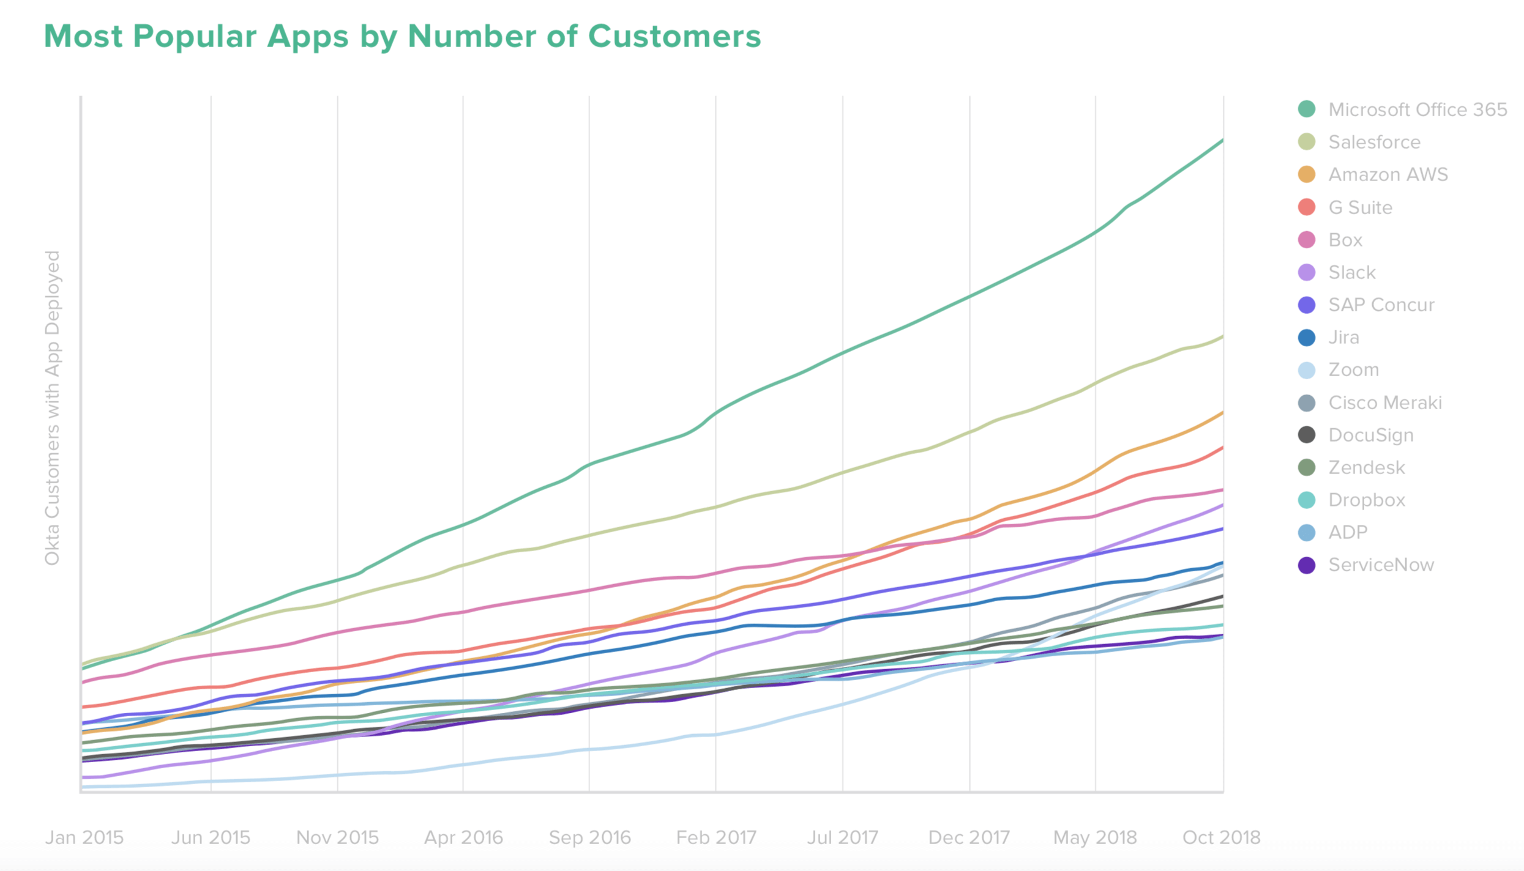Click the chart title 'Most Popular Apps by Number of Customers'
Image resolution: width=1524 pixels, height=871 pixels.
click(x=402, y=36)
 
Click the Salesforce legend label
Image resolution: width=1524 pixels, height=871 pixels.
click(x=1374, y=142)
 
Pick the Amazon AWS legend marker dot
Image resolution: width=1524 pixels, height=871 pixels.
click(x=1306, y=174)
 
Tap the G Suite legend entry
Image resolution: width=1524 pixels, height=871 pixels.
click(x=1360, y=207)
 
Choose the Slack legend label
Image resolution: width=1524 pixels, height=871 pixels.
click(x=1351, y=272)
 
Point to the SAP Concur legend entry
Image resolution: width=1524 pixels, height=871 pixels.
click(x=1381, y=305)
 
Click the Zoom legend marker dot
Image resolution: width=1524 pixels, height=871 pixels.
click(x=1306, y=370)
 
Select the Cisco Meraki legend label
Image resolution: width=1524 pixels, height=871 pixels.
click(x=1384, y=402)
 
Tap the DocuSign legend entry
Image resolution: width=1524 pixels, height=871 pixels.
click(x=1370, y=435)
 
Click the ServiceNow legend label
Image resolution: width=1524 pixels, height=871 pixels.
click(x=1381, y=565)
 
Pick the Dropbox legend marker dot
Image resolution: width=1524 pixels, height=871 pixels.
click(x=1306, y=500)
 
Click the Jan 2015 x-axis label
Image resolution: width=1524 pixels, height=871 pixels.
click(x=84, y=837)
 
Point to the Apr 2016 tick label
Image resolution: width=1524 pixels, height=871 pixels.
click(x=463, y=837)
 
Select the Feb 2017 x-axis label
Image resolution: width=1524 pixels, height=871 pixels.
click(x=716, y=837)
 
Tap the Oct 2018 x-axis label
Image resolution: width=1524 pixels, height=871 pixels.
click(x=1221, y=837)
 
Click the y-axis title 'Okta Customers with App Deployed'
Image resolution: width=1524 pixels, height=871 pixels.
click(x=53, y=408)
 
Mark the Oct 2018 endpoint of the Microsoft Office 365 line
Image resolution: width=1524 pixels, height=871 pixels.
click(x=1222, y=141)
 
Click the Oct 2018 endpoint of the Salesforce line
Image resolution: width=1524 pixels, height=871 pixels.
click(x=1222, y=336)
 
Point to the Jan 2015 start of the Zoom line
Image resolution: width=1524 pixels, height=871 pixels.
click(x=82, y=787)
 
